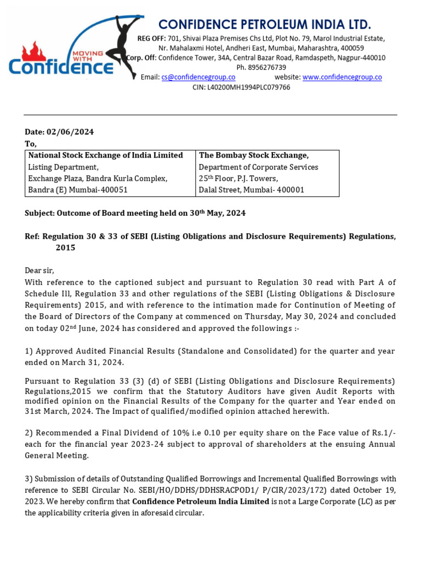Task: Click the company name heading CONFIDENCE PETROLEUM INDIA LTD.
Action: [x=265, y=24]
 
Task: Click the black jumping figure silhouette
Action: [x=127, y=41]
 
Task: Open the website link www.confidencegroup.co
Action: [x=342, y=77]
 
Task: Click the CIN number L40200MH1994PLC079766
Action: [x=241, y=87]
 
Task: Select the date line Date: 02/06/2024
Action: [x=59, y=132]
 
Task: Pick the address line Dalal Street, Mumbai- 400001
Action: [x=251, y=190]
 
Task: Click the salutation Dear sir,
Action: [x=40, y=270]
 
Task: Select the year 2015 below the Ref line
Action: [x=65, y=248]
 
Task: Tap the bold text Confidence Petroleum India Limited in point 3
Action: [x=200, y=502]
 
